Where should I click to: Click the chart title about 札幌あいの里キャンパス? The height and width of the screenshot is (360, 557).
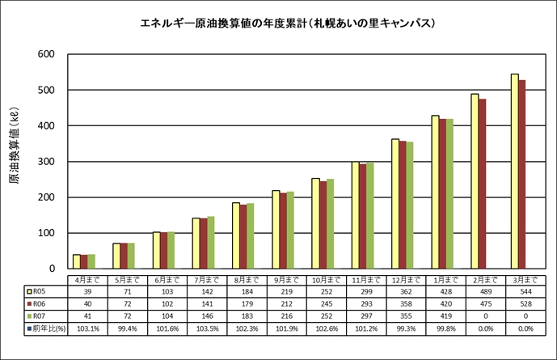pos(289,23)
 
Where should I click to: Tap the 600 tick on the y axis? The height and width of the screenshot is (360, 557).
pos(44,54)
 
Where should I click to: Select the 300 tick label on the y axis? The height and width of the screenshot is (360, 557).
pos(44,162)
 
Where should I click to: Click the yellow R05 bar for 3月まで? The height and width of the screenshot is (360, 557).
pos(514,171)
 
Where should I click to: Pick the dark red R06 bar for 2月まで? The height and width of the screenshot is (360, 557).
pos(483,184)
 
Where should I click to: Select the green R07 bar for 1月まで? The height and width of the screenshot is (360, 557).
pos(450,193)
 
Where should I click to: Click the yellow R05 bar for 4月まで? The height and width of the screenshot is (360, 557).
pos(77,261)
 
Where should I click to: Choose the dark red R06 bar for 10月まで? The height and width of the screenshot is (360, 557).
pos(324,225)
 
